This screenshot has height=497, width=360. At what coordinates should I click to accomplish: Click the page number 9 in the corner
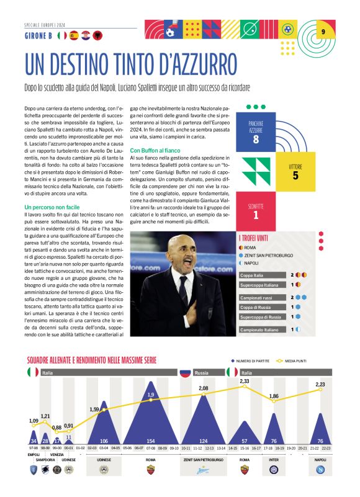tap(323, 32)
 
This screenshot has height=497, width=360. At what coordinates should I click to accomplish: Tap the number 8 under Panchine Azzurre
tap(256, 140)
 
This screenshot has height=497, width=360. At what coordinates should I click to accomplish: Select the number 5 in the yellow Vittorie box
tap(295, 176)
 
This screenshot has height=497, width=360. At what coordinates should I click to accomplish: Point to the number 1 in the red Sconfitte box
tap(256, 215)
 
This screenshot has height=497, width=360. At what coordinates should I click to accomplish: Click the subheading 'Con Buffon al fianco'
tap(157, 150)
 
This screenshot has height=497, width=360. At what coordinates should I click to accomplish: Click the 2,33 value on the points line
tap(245, 381)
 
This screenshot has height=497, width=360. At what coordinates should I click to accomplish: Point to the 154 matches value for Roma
tap(151, 441)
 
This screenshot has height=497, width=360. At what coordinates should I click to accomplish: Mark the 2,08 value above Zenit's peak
tap(203, 388)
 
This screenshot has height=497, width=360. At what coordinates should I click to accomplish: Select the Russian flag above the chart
tap(184, 373)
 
